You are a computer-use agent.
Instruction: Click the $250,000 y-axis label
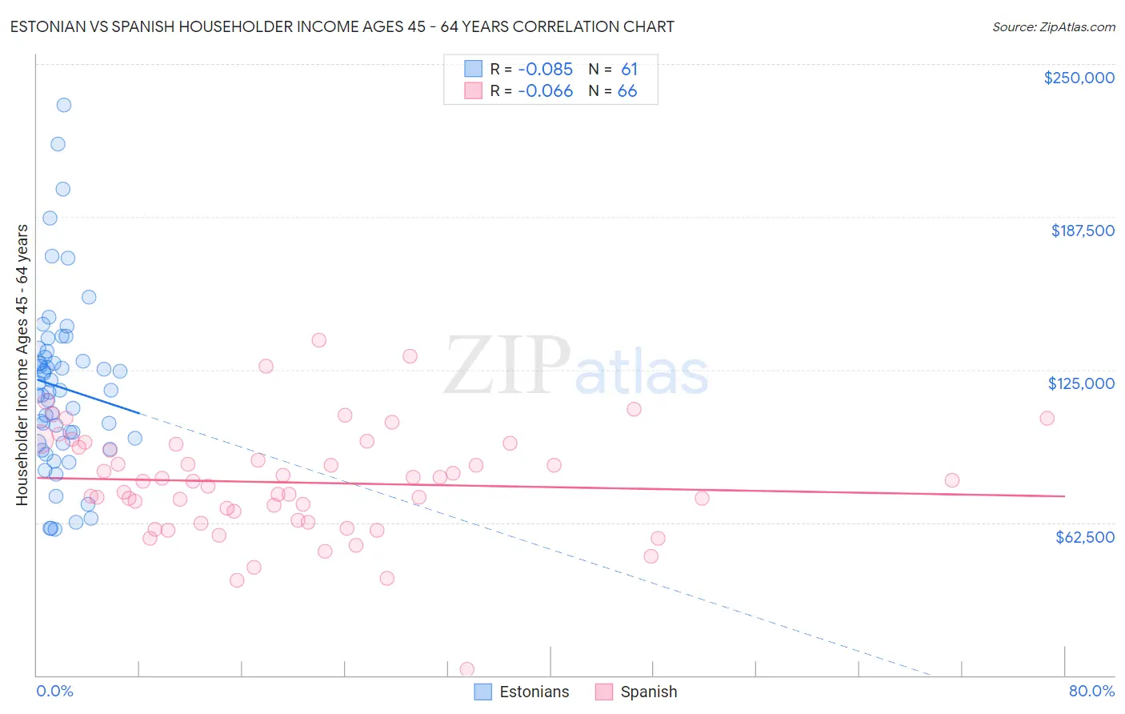tap(1079, 78)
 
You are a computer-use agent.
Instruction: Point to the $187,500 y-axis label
tap(1082, 231)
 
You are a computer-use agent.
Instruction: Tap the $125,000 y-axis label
tap(1081, 383)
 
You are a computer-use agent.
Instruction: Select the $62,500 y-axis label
tap(1084, 537)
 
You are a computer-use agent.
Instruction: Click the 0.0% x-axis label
tap(54, 692)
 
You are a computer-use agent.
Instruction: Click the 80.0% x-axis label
tap(1091, 692)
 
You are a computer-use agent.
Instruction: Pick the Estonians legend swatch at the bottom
tap(482, 692)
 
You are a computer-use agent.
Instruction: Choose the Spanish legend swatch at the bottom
tap(604, 692)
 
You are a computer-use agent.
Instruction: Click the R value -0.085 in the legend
tap(545, 70)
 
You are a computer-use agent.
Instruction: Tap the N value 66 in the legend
tap(627, 91)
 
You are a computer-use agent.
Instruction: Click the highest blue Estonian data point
tap(64, 105)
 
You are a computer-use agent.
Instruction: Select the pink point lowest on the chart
tap(467, 669)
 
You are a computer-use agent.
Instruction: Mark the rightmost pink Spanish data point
tap(1047, 418)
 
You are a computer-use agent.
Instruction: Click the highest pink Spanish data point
tap(319, 339)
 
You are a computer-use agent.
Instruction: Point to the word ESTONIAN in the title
tap(50, 26)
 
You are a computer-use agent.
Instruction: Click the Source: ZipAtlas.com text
tap(1053, 27)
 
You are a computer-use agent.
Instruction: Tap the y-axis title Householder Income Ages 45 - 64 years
tap(22, 365)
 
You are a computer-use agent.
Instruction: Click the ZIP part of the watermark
tap(506, 366)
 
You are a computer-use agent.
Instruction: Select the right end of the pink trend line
tap(1064, 496)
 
